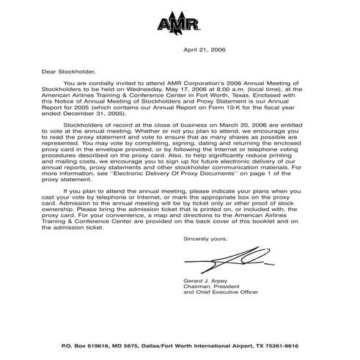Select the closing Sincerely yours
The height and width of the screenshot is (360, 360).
[205, 239]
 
